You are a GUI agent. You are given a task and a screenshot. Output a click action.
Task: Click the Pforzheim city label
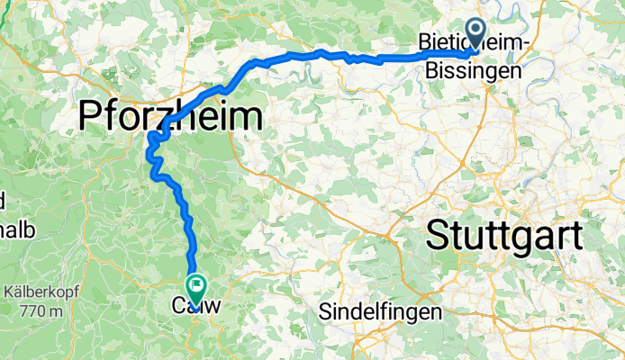172,116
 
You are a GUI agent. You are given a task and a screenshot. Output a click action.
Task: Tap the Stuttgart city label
504,236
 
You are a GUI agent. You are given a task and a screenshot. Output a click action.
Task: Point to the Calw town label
196,307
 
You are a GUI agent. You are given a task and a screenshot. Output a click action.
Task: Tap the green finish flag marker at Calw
195,286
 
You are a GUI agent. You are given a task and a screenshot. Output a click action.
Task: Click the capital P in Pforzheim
92,117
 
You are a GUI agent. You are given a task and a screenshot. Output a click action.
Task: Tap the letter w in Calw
214,307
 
